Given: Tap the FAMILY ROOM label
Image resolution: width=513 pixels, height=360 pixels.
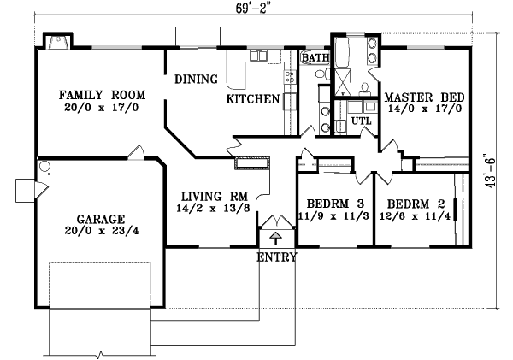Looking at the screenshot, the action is [x=102, y=95].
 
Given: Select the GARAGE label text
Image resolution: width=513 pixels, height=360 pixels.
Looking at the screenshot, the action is [x=100, y=219].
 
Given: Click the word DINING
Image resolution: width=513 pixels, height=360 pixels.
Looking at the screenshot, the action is [x=196, y=80].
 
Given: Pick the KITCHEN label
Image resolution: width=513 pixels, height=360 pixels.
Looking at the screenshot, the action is [x=253, y=99].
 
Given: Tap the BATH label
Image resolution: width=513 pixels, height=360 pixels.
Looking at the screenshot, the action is [x=315, y=58].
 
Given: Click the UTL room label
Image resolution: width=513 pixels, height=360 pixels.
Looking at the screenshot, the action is [x=361, y=121].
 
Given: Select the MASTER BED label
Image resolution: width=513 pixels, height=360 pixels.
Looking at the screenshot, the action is [x=424, y=97].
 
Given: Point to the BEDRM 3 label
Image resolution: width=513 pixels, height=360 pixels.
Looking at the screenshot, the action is [x=335, y=204].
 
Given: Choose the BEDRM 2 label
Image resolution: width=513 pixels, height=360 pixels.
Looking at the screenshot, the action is [x=416, y=204].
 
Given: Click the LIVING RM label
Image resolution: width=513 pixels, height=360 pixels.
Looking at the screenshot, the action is [x=215, y=197].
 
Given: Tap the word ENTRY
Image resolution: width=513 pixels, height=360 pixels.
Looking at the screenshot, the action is [x=277, y=257].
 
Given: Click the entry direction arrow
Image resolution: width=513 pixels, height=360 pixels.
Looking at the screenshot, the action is [x=276, y=239].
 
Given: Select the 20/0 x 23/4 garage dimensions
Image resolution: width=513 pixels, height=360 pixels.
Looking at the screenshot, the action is [x=102, y=230].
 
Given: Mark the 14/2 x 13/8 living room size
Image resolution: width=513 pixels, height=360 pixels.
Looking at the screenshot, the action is [x=214, y=208].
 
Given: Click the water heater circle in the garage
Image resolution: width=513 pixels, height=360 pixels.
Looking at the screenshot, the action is [x=44, y=166].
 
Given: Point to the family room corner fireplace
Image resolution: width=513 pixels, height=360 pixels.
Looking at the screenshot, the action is [x=58, y=42].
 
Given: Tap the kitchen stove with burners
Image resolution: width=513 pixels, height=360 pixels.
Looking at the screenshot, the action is [x=289, y=77].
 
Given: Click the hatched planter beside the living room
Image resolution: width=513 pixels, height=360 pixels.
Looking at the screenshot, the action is [x=252, y=163].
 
